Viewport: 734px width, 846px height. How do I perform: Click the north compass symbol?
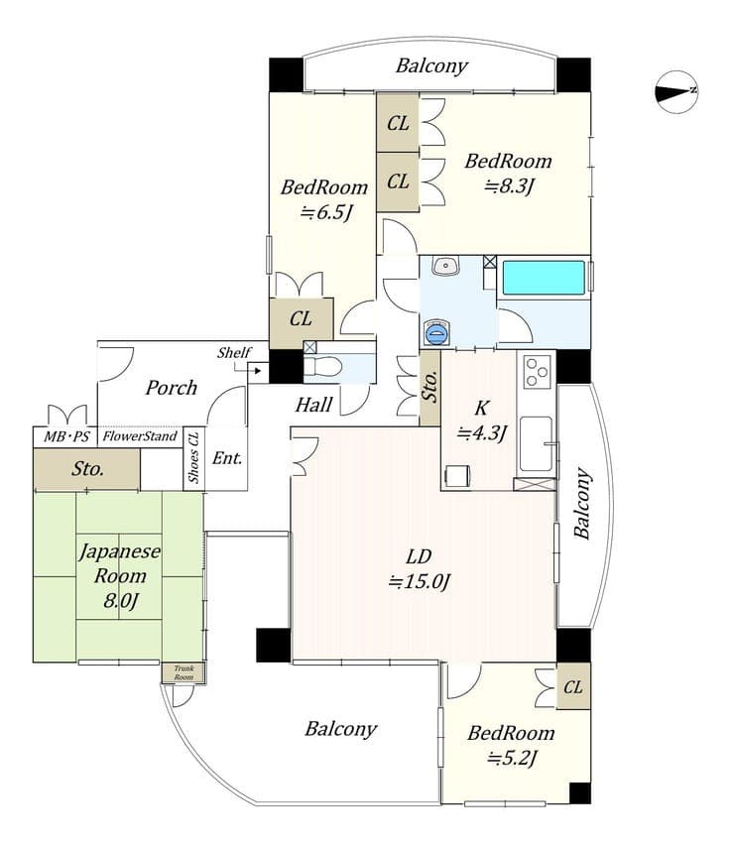pyautogui.click(x=676, y=92)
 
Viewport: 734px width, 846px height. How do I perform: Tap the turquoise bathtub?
pyautogui.click(x=544, y=278)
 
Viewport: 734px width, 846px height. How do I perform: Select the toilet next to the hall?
pyautogui.click(x=322, y=367)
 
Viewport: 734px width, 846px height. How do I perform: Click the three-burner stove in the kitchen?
pyautogui.click(x=537, y=371)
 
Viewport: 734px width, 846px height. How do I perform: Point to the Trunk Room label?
pyautogui.click(x=183, y=672)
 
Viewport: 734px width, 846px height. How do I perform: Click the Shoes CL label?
pyautogui.click(x=193, y=457)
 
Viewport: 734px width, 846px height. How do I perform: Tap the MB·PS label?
pyautogui.click(x=66, y=436)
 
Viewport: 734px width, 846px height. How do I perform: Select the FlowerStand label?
pyautogui.click(x=140, y=436)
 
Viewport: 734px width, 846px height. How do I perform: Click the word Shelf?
pyautogui.click(x=234, y=353)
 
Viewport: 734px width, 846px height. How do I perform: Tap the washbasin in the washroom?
pyautogui.click(x=445, y=265)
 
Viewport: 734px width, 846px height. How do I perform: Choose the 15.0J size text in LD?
pyautogui.click(x=420, y=581)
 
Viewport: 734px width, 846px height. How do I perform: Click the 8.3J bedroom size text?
pyautogui.click(x=509, y=186)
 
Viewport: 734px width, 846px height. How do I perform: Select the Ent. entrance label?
pyautogui.click(x=227, y=458)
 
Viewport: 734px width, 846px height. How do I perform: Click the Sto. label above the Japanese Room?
pyautogui.click(x=88, y=469)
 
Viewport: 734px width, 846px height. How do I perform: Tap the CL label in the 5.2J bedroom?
pyautogui.click(x=573, y=687)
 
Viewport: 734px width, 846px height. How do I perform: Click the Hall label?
pyautogui.click(x=313, y=405)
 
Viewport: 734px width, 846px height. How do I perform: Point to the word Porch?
pyautogui.click(x=171, y=388)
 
